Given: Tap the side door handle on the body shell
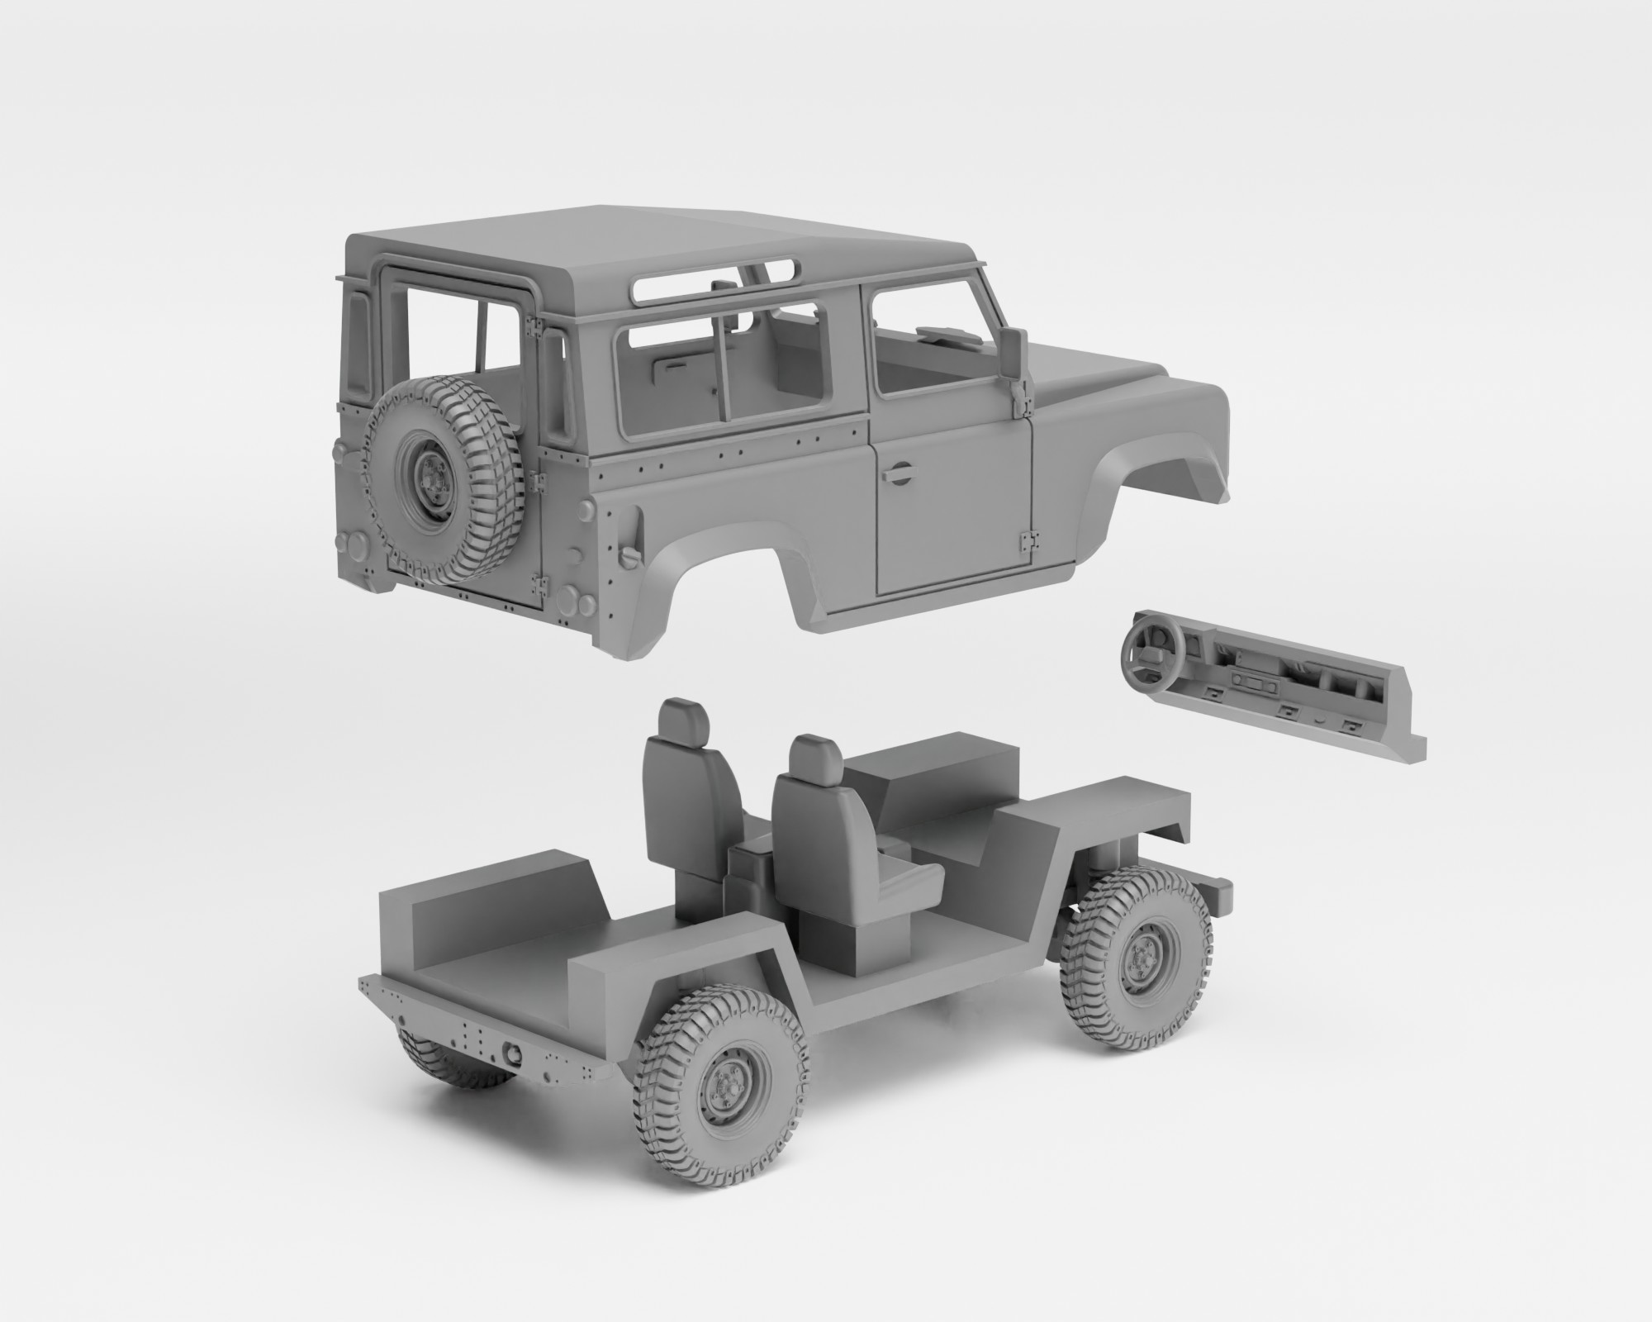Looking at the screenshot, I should pos(895,473).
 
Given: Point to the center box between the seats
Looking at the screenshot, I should pos(748,863).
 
